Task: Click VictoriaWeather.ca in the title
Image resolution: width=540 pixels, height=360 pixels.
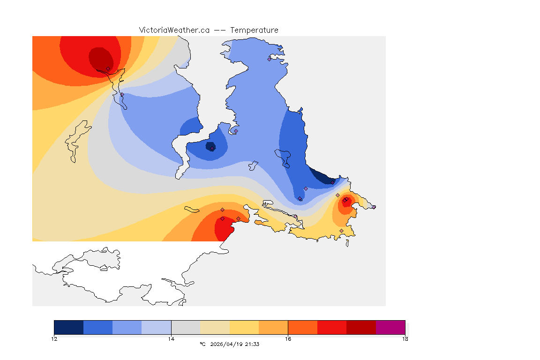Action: (x=174, y=30)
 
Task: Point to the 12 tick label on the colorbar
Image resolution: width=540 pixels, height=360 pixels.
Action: (x=54, y=339)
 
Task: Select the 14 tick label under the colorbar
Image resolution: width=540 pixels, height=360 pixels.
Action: (x=171, y=339)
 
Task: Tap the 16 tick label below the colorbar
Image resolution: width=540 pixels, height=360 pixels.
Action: (x=288, y=339)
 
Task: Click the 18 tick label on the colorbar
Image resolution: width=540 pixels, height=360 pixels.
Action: (x=405, y=339)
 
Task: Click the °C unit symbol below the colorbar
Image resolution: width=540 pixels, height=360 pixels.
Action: (x=202, y=344)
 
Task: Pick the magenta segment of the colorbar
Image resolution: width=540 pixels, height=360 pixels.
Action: (x=390, y=327)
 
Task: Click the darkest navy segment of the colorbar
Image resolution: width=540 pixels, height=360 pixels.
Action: (x=68, y=327)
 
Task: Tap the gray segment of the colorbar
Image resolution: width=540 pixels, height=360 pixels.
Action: (x=186, y=327)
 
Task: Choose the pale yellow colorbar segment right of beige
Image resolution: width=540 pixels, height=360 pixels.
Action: (x=244, y=327)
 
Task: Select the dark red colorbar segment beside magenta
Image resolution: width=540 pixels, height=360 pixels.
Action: (x=361, y=327)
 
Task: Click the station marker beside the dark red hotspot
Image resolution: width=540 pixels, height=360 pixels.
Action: (x=108, y=68)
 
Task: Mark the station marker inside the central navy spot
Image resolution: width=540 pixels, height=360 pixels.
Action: (x=212, y=149)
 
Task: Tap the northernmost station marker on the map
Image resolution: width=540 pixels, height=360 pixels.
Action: (x=270, y=59)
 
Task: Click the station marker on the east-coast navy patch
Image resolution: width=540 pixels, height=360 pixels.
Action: (x=332, y=182)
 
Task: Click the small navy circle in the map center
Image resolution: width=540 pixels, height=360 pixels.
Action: (x=210, y=146)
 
